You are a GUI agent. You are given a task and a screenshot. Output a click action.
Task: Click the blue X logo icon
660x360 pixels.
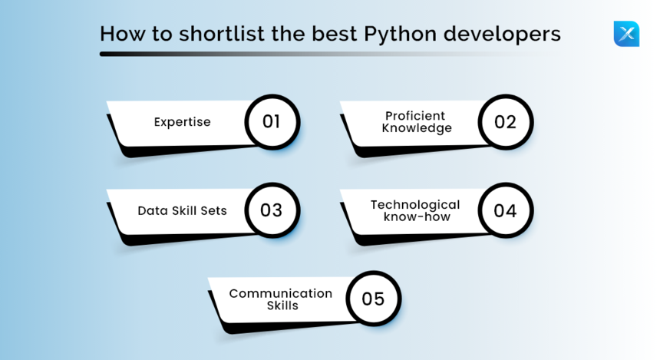click(626, 34)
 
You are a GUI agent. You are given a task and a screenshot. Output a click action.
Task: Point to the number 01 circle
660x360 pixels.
click(272, 121)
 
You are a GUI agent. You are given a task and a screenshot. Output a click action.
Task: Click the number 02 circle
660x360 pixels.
click(505, 121)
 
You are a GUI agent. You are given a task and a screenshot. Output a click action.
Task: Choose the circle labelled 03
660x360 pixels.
click(272, 210)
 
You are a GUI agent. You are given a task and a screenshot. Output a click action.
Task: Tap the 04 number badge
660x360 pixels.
click(505, 210)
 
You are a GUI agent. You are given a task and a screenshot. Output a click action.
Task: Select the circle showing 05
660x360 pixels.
click(373, 299)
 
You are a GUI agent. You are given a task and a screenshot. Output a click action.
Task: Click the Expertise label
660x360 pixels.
click(182, 122)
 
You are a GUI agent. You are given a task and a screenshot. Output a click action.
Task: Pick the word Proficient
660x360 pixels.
click(415, 116)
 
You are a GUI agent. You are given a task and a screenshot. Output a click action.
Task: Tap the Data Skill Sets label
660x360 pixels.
click(182, 210)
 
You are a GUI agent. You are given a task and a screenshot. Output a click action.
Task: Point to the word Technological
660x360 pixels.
click(415, 204)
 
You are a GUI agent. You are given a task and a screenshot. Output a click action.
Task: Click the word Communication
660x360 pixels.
click(281, 293)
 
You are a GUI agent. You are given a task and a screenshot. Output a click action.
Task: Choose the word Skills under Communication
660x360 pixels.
click(282, 306)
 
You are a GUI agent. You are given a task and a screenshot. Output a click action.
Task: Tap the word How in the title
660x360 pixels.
click(119, 35)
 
